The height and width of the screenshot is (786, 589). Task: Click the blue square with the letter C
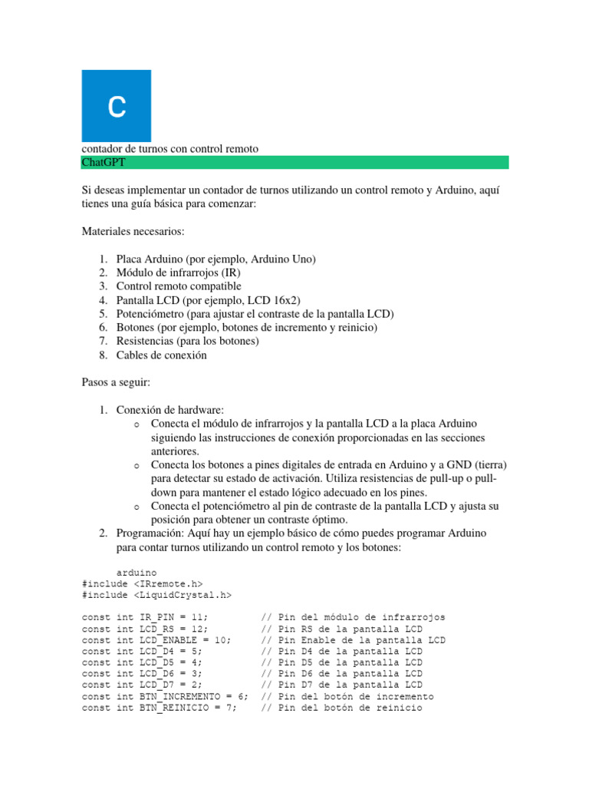pos(116,106)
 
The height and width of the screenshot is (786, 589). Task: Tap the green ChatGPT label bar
pos(294,162)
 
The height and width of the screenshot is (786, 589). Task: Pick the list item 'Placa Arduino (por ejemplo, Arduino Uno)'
pos(216,259)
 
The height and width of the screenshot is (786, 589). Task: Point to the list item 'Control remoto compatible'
pos(179,286)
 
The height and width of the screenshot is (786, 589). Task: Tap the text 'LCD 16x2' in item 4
pos(276,300)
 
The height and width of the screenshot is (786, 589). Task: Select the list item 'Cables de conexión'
pos(161,355)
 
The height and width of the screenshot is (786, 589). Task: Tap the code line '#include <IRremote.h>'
pos(142,583)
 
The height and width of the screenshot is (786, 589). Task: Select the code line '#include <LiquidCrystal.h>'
pos(156,594)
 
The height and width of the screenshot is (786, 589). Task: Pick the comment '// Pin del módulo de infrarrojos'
pos(353,617)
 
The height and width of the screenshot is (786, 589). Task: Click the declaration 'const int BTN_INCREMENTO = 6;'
pos(164,696)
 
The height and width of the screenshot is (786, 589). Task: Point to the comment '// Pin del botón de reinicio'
pos(341,708)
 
